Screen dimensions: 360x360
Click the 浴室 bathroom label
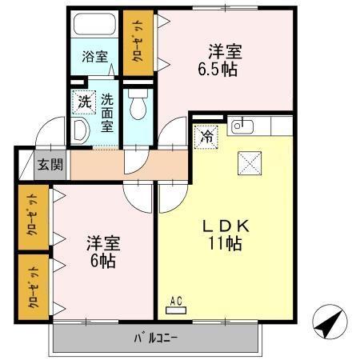pyautogui.click(x=94, y=57)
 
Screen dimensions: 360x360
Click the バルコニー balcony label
pyautogui.click(x=156, y=337)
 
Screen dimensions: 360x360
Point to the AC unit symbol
pyautogui.click(x=176, y=303)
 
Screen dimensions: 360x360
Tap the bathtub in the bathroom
pyautogui.click(x=94, y=25)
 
